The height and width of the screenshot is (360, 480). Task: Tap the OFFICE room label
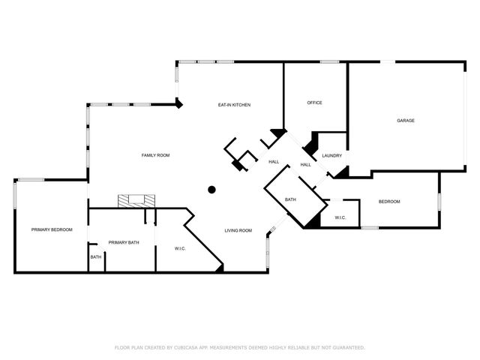tap(314, 103)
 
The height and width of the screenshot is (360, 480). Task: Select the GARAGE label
tap(406, 121)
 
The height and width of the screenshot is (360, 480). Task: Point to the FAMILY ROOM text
tap(156, 155)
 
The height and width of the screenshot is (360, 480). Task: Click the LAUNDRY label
tap(331, 156)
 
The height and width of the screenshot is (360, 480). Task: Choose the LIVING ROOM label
tap(238, 230)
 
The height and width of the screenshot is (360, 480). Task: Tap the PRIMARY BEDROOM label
tap(52, 229)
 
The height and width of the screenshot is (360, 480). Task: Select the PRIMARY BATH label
tap(124, 242)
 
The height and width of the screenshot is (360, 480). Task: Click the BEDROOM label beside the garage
tap(389, 201)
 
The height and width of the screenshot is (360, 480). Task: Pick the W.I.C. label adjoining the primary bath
tap(180, 248)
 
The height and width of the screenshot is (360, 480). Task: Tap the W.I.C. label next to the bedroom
tap(339, 218)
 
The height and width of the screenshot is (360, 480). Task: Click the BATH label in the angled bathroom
tap(290, 199)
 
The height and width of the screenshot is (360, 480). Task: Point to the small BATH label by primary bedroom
tap(96, 258)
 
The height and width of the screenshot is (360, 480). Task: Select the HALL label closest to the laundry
tap(306, 165)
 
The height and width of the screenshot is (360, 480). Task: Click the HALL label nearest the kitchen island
tap(274, 161)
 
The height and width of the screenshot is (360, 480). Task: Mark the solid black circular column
tap(212, 189)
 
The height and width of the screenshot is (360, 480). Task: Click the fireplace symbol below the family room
tap(136, 200)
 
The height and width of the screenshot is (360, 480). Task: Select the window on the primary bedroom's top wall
tap(31, 179)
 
